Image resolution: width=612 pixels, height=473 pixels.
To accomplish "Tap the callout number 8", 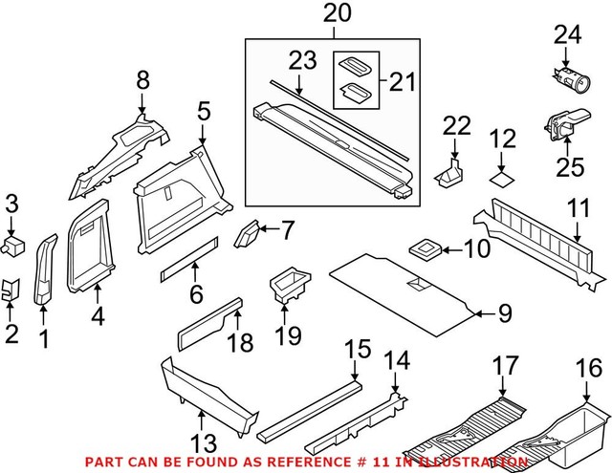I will point(142,81).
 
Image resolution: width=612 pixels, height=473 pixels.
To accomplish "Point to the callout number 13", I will point(204,443).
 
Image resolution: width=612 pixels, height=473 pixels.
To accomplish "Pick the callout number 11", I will point(578,207).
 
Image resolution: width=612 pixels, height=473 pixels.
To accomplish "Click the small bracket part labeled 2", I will point(9,290).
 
